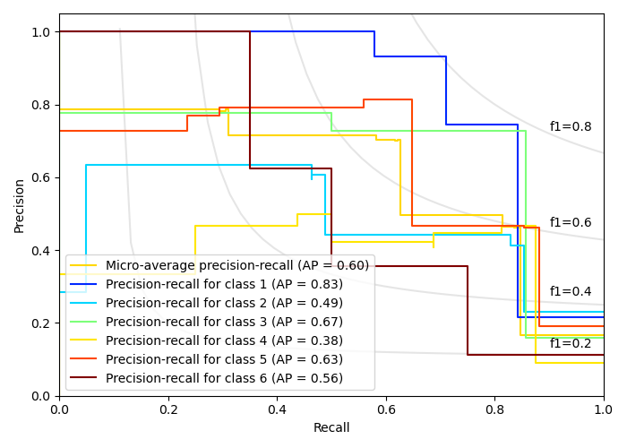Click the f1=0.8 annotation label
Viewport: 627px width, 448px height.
571,127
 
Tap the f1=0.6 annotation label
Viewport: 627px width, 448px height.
571,223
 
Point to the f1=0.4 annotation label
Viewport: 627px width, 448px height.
571,292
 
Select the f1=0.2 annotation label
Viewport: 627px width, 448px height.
571,344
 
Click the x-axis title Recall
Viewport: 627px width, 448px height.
331,428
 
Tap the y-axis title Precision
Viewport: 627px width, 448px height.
20,204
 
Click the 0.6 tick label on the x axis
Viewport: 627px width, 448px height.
386,409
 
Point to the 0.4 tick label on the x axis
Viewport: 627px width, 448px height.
277,409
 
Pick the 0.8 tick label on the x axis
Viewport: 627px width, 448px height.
494,409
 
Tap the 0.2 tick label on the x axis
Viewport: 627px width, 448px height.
168,409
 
